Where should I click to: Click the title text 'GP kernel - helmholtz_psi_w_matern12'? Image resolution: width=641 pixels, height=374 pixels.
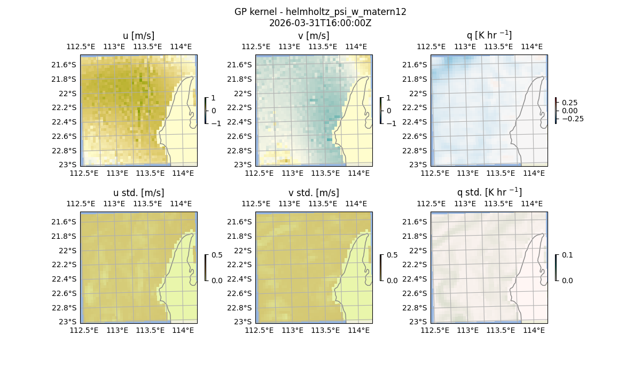click(x=320, y=12)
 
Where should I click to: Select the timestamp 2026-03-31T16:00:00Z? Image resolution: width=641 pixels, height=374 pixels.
click(x=320, y=23)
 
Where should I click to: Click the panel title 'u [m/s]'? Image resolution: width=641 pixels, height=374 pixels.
click(x=138, y=36)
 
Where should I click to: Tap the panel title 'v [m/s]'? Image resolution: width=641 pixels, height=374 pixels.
click(x=314, y=36)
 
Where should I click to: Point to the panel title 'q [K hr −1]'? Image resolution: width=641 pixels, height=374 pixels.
click(x=489, y=35)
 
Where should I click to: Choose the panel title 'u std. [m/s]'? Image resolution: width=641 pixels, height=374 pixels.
click(x=138, y=193)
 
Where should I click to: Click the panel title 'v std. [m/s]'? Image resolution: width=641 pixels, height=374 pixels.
click(x=314, y=193)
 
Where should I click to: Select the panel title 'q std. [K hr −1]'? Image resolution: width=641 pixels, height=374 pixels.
click(x=489, y=192)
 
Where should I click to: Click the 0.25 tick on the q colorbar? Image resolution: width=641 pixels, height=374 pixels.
click(x=569, y=103)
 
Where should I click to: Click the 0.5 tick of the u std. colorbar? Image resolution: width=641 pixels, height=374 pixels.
click(x=217, y=255)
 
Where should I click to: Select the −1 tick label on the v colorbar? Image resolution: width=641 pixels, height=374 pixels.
click(x=392, y=123)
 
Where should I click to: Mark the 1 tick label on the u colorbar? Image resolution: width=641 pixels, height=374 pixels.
click(x=214, y=98)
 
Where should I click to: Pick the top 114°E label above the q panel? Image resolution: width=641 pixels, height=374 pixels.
click(x=531, y=46)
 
